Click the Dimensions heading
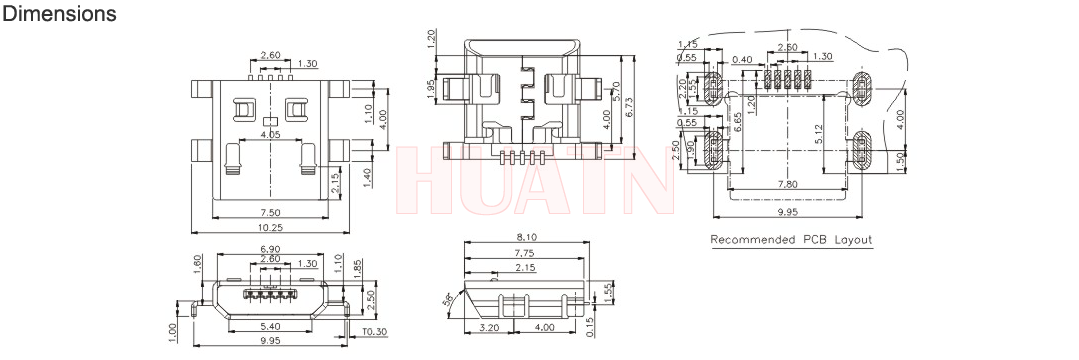click(59, 13)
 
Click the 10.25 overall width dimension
click(271, 226)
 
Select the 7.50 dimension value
click(271, 211)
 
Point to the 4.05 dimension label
click(270, 136)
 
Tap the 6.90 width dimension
click(270, 249)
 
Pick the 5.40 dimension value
click(270, 326)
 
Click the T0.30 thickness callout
click(375, 332)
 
